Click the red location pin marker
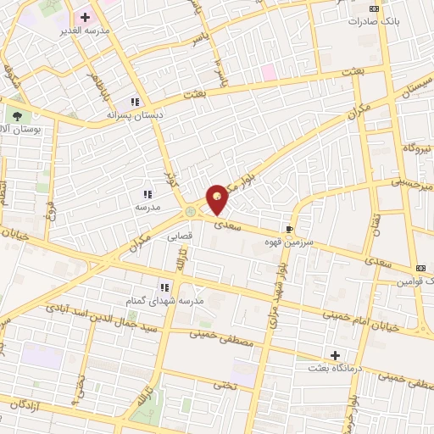tap(219, 198)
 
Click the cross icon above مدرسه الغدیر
tap(86, 16)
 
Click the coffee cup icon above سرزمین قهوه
tap(291, 229)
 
